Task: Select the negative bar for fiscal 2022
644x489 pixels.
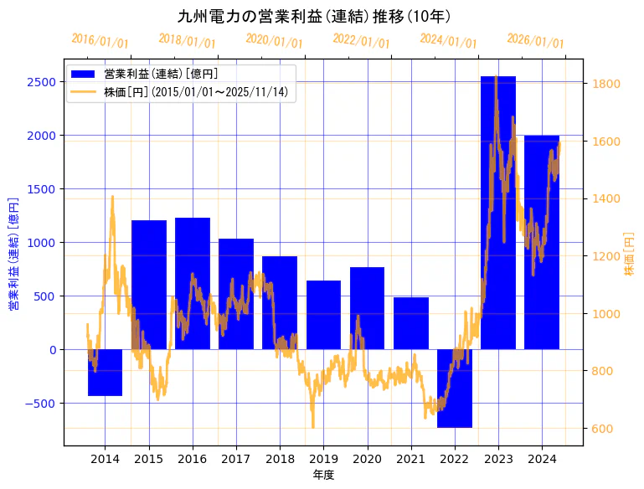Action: tap(454, 389)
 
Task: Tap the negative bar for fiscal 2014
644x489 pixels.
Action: tap(105, 373)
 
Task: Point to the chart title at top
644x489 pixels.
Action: tap(314, 17)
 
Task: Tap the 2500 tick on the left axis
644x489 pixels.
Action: tap(41, 82)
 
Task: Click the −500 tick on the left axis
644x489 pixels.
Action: tap(38, 404)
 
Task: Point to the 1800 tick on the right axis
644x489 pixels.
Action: tap(605, 84)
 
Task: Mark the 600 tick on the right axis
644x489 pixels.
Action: tap(603, 429)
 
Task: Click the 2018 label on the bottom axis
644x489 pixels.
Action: tap(280, 459)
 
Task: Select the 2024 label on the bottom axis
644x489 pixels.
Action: tap(542, 459)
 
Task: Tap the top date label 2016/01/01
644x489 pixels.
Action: tap(100, 40)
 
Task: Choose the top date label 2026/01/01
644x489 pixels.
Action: tap(535, 40)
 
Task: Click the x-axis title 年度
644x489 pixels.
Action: tap(323, 475)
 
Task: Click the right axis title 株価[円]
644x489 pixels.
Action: tap(630, 255)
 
